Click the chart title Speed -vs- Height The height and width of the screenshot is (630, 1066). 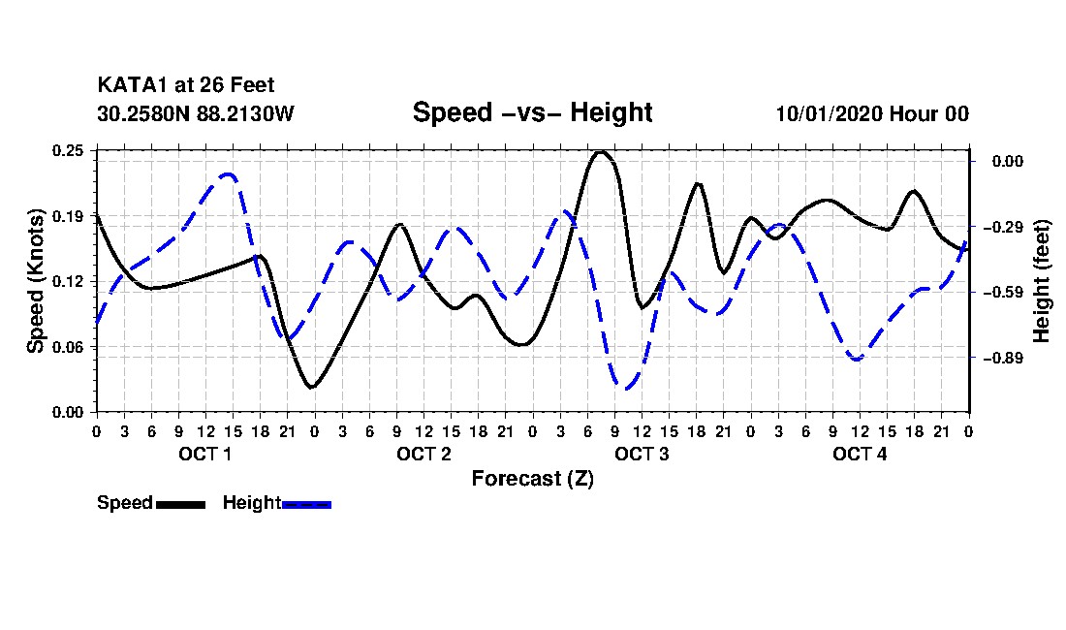tap(532, 112)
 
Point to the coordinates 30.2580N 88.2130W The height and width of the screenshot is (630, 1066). tap(196, 113)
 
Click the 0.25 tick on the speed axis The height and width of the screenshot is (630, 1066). tap(69, 150)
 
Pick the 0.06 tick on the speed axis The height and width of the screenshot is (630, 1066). tap(69, 347)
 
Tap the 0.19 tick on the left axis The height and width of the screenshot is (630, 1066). tap(69, 216)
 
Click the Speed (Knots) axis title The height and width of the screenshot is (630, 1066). tap(36, 281)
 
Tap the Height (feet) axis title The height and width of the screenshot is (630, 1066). tap(1043, 281)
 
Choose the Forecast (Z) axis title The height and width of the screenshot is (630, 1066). tap(532, 478)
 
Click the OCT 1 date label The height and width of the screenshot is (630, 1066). tap(204, 454)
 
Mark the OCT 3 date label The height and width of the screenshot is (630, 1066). tap(642, 454)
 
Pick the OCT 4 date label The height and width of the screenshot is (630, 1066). tap(860, 454)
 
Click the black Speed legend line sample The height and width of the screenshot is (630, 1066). tap(179, 504)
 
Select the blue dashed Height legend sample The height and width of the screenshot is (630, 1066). tap(306, 504)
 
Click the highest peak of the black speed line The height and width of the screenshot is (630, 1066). tap(601, 152)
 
